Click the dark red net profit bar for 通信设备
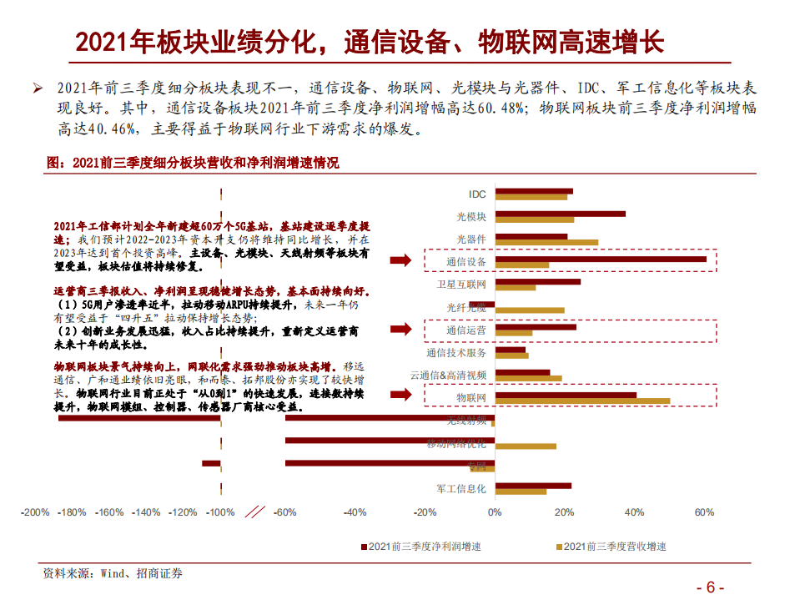click(x=601, y=259)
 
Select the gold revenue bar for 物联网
click(x=582, y=401)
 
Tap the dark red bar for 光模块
click(x=560, y=214)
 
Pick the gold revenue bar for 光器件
click(x=546, y=243)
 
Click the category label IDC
click(x=476, y=194)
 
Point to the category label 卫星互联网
click(x=461, y=284)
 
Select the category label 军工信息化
click(x=461, y=488)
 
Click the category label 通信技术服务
click(x=456, y=352)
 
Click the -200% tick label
click(x=35, y=512)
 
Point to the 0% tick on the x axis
click(x=495, y=512)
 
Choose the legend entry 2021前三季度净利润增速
click(x=425, y=547)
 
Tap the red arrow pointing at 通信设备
click(x=402, y=262)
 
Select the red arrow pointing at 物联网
click(x=402, y=398)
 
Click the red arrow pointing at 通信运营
click(x=402, y=330)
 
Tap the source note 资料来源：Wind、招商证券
click(x=113, y=573)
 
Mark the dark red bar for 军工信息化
click(x=533, y=485)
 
